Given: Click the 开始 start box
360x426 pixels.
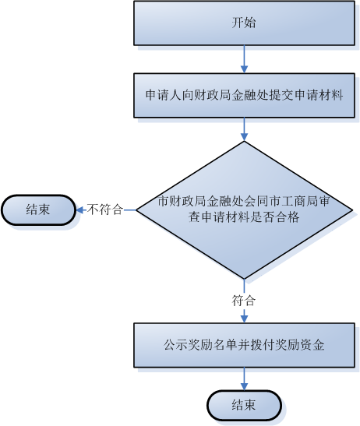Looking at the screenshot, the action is [244, 23].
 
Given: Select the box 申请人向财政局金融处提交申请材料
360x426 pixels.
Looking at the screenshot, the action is [244, 95].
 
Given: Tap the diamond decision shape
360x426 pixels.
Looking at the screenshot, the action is [244, 209].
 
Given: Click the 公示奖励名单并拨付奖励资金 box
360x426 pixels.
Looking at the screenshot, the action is [244, 345].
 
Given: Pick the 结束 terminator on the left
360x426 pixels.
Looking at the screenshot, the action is [38, 209].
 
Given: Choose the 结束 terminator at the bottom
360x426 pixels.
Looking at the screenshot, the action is [244, 405].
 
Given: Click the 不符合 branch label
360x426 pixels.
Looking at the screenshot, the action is [105, 209].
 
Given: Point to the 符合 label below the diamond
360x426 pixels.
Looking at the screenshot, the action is [244, 301].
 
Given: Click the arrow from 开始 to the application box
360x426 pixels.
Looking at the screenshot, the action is [244, 59].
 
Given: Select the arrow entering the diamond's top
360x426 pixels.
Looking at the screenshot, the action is [244, 129].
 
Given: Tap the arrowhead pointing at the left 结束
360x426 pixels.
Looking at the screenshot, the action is [79, 209].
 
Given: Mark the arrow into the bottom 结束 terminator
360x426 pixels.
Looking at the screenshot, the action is [244, 378].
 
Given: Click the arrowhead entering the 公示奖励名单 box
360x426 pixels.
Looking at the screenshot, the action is [244, 319].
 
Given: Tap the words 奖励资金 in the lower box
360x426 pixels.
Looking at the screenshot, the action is [300, 345].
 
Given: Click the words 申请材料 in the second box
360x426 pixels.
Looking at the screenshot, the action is [319, 95].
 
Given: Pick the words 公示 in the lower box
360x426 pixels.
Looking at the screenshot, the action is [175, 345].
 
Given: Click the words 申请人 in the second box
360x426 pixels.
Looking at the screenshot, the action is [164, 95].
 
